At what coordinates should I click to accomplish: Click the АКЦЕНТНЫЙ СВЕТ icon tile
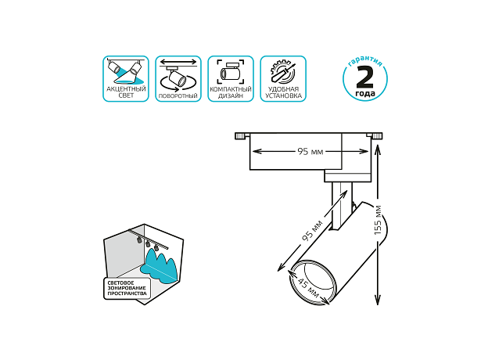click(126, 79)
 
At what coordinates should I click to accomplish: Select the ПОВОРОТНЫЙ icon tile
click(178, 79)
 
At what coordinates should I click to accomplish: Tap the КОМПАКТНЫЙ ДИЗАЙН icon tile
click(231, 79)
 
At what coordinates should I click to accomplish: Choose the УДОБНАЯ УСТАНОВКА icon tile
click(283, 79)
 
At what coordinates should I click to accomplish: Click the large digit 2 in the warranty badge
click(364, 77)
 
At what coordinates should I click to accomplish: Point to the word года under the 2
click(365, 93)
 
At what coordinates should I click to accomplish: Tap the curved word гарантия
click(365, 62)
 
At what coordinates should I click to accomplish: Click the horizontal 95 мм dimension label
click(310, 152)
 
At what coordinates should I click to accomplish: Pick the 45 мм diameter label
click(308, 287)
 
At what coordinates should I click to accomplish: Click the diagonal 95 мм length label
click(312, 231)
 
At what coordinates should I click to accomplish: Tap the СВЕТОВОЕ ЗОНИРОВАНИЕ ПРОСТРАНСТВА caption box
click(127, 288)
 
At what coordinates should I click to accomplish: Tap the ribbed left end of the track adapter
click(241, 135)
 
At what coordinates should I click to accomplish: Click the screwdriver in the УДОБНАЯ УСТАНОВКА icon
click(282, 72)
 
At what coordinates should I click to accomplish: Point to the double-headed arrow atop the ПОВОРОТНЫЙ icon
click(178, 62)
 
